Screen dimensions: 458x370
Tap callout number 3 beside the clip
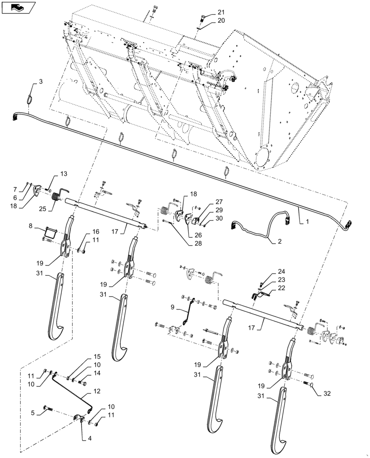click(41, 82)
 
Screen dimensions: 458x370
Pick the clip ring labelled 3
click(31, 98)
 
